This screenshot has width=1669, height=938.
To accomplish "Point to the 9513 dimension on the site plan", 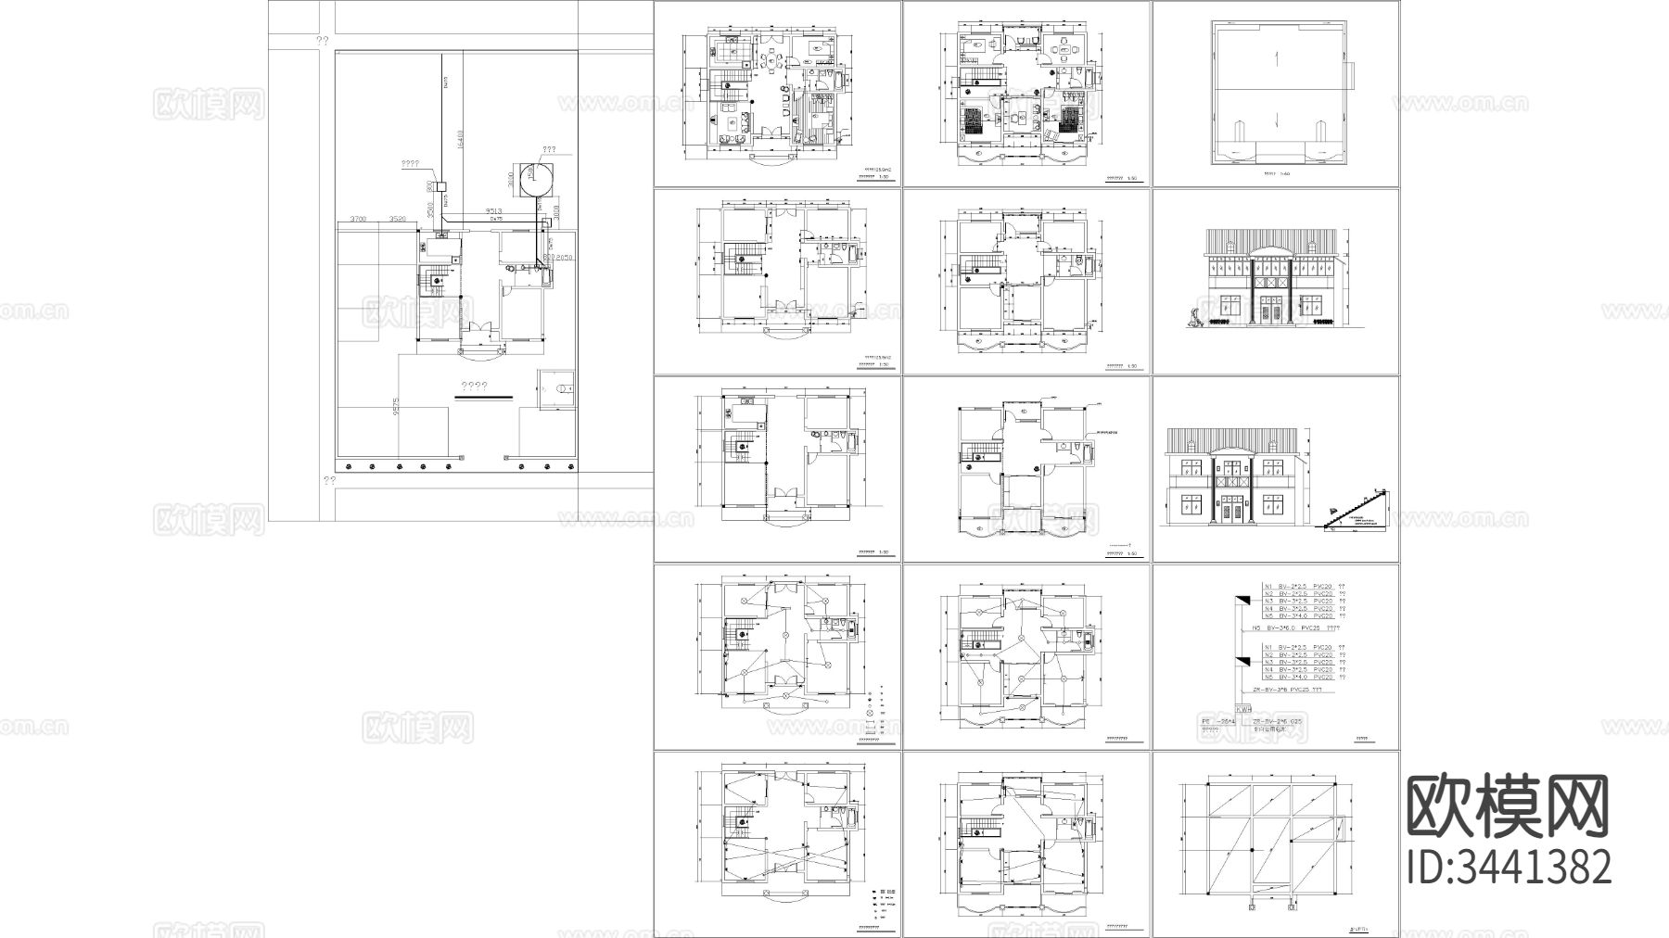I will click(x=493, y=212).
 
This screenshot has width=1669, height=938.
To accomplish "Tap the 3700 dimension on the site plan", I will click(x=359, y=219).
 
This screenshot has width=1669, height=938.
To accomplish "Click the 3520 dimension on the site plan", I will click(x=399, y=219).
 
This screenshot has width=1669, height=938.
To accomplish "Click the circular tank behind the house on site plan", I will click(x=534, y=179).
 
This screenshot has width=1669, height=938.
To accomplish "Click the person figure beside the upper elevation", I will click(x=1194, y=319).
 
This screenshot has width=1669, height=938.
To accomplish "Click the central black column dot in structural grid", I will click(x=1252, y=849).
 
